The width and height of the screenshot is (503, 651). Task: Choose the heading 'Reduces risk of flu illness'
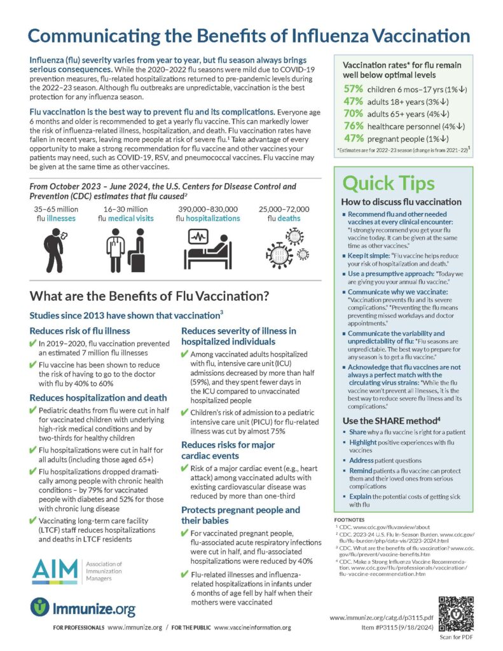(x=79, y=330)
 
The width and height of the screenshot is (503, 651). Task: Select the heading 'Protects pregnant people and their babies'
(x=240, y=516)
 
